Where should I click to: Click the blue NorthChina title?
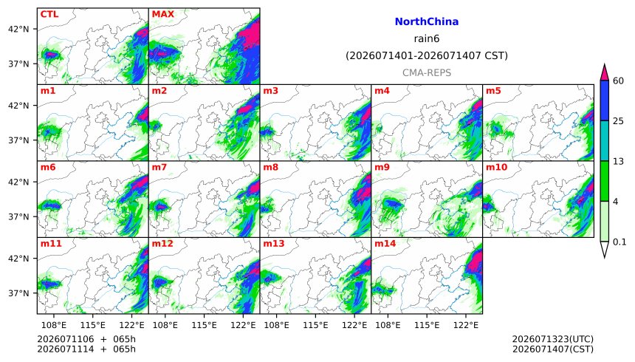coord(427,22)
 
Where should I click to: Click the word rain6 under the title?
coord(427,39)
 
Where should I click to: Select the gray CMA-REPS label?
coord(427,73)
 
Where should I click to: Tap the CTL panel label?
coord(49,14)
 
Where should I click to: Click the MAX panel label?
coord(162,14)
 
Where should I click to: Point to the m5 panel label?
coord(492,91)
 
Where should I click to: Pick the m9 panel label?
coord(382,167)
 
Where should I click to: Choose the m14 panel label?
coord(385,244)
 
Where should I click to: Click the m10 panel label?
coord(496,167)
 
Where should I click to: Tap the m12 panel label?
coord(162,244)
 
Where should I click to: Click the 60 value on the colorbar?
coord(618,81)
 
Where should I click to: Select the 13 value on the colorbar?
coord(618,162)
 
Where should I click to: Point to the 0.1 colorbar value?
coord(619,242)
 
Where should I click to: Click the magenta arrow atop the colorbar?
coord(604,72)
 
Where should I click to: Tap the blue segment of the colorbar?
coord(604,100)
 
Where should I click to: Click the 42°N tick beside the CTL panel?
coord(18,30)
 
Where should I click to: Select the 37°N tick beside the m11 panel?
coord(18,293)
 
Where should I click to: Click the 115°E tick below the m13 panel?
coord(315,325)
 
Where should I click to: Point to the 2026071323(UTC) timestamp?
coord(553,339)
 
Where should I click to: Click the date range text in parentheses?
coord(427,55)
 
